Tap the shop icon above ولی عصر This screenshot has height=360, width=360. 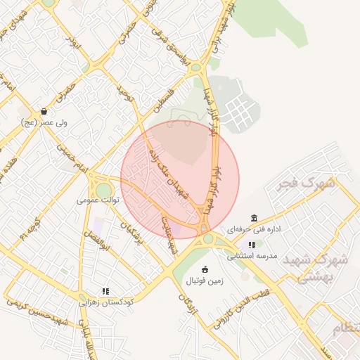tap(44, 111)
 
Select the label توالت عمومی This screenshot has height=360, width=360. tap(98, 200)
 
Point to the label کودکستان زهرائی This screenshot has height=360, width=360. tap(105, 301)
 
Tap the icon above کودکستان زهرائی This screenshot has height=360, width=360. tap(105, 290)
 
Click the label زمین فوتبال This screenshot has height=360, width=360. tap(204, 281)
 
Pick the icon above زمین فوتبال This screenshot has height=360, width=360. tap(205, 269)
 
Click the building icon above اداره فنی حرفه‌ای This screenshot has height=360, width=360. tap(254, 218)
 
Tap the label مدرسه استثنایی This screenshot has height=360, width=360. tap(252, 256)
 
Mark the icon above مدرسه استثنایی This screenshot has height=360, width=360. tap(252, 245)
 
